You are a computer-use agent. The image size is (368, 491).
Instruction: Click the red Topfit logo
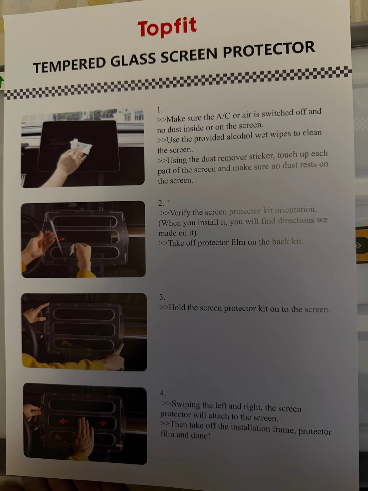tap(167, 28)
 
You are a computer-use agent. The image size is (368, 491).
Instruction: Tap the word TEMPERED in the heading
tap(69, 65)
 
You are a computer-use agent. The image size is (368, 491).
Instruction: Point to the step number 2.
tap(161, 203)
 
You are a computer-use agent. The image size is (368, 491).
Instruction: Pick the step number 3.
tap(162, 297)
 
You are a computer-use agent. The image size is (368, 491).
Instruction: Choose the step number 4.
tap(163, 393)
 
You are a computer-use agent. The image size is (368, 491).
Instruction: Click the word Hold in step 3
tap(177, 308)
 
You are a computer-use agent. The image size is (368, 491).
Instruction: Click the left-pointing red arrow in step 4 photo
tap(64, 421)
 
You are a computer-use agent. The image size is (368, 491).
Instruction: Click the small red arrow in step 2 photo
tap(61, 240)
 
